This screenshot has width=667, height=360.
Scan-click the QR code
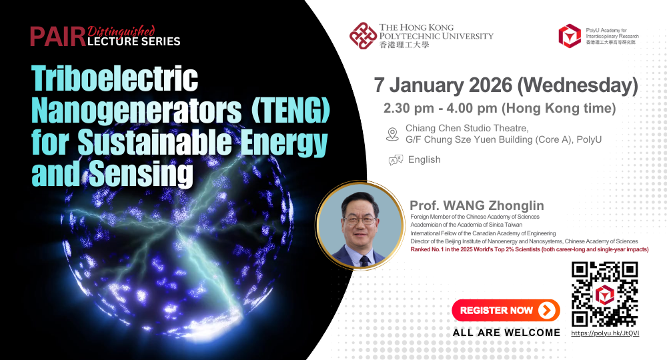[605, 294]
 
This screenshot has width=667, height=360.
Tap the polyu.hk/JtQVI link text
[605, 333]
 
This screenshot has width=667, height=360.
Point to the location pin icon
[393, 134]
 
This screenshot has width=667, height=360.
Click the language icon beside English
[396, 159]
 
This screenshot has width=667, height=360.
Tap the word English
[424, 159]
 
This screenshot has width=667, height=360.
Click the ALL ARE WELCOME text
[506, 333]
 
